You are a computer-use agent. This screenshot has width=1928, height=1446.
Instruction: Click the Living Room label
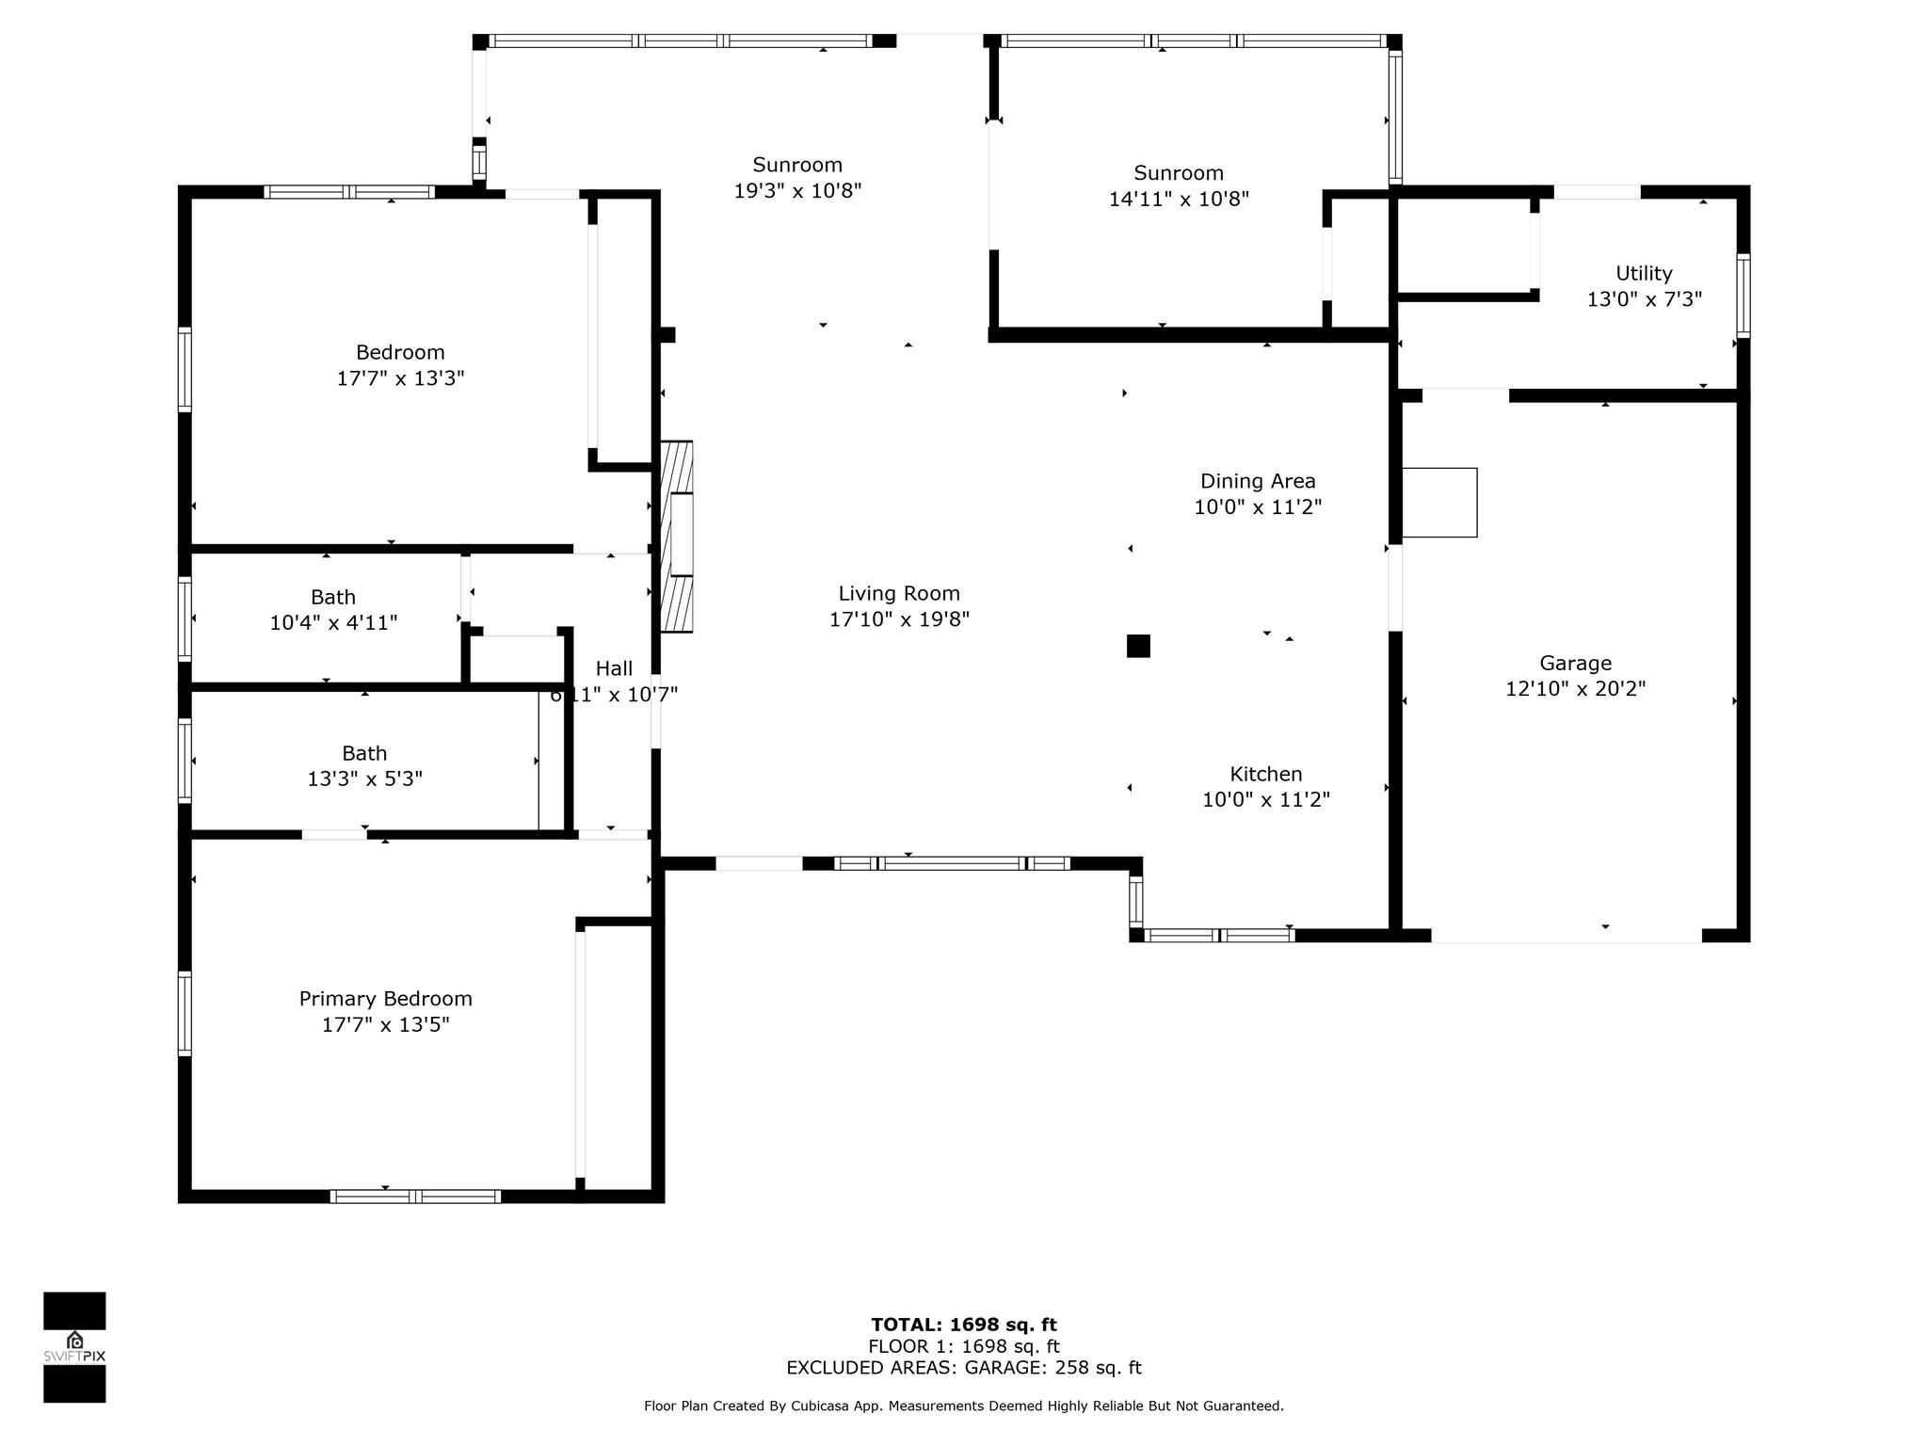tap(899, 593)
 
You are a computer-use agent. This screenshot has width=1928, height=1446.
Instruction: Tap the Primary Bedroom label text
tap(386, 999)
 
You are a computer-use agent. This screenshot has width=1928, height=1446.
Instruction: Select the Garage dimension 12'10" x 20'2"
tap(1576, 688)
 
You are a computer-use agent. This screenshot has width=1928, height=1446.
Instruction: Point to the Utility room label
tap(1644, 273)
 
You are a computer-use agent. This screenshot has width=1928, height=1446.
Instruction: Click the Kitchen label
tap(1266, 774)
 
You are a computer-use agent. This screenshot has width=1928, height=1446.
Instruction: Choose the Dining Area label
tap(1258, 481)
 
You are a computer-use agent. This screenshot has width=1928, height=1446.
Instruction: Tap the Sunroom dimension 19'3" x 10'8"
tap(798, 191)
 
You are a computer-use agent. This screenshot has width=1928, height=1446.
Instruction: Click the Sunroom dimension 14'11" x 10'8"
tap(1179, 199)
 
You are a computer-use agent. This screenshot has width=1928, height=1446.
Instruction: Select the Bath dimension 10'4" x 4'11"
tap(333, 622)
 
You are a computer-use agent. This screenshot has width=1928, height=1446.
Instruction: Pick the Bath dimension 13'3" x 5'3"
tap(364, 779)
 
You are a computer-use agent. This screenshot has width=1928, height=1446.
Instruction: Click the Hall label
tap(614, 668)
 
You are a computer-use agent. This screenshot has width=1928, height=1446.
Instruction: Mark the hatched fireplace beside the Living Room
tap(677, 536)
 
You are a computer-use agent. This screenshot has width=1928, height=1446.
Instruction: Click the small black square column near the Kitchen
tap(1138, 646)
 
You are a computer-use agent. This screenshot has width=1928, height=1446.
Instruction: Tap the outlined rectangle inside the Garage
tap(1439, 503)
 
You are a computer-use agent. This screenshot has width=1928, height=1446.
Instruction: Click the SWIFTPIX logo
tap(74, 1347)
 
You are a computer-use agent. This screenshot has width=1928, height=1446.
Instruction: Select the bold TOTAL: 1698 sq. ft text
tap(964, 1325)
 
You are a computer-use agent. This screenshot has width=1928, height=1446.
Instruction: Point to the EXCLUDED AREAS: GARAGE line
tap(964, 1368)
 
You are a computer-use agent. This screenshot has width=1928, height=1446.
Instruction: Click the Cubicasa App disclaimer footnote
tap(964, 1406)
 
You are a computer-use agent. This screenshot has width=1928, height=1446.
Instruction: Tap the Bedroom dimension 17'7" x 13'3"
tap(401, 378)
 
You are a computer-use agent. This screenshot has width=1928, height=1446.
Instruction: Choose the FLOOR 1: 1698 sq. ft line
tap(964, 1346)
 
